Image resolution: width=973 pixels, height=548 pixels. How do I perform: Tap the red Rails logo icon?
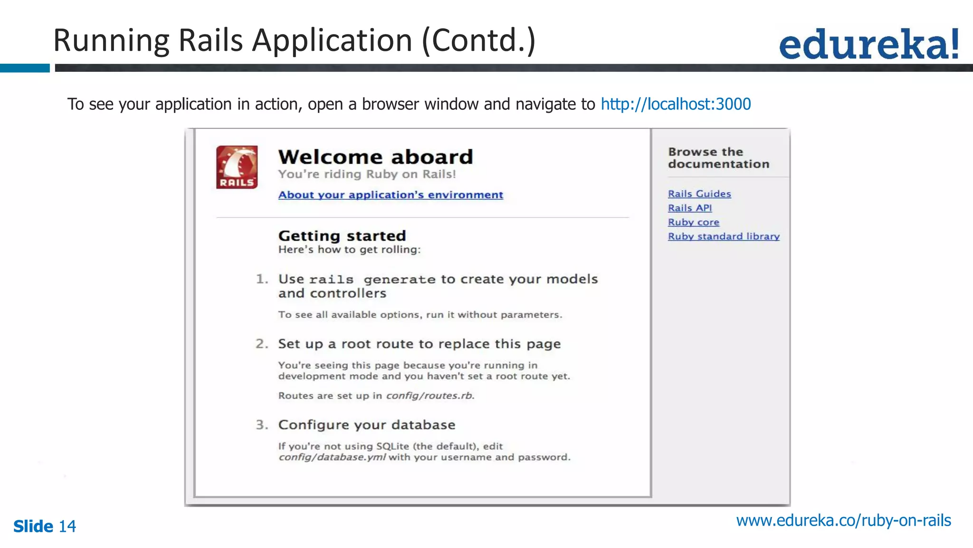(x=237, y=167)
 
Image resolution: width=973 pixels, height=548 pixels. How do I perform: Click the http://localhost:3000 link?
(x=676, y=104)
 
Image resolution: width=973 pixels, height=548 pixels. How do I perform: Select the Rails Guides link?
(x=699, y=194)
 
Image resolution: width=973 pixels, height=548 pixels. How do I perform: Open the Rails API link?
(x=690, y=208)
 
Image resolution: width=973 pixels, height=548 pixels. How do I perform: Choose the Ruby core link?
(x=693, y=222)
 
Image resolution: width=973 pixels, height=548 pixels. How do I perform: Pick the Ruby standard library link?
(x=724, y=236)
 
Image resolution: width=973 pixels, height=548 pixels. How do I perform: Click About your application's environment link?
(x=391, y=195)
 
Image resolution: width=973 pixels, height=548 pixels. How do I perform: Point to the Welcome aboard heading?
(x=375, y=157)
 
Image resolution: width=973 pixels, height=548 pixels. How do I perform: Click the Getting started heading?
(x=342, y=236)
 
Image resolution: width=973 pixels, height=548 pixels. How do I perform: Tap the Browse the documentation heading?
(x=718, y=158)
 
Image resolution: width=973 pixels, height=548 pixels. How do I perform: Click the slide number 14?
(x=67, y=527)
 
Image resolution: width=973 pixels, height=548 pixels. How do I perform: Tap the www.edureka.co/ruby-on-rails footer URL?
(x=843, y=521)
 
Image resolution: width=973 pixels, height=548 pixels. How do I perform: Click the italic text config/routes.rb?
(x=430, y=396)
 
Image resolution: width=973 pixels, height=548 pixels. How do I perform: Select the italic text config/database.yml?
(x=332, y=458)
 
